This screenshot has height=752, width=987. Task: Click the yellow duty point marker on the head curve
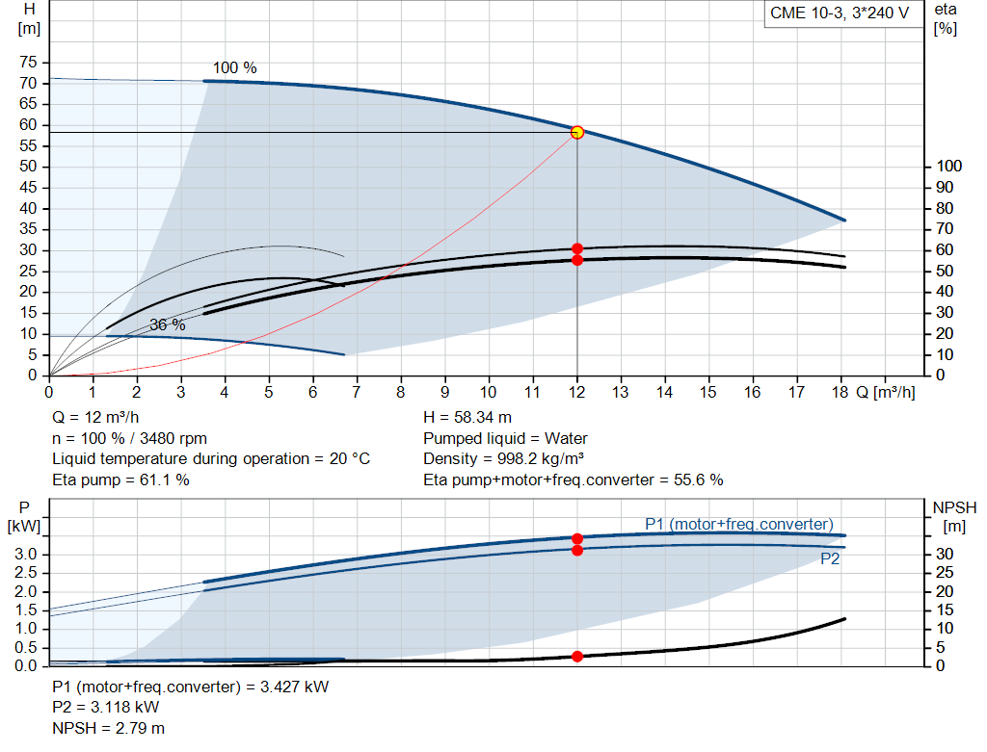(x=577, y=132)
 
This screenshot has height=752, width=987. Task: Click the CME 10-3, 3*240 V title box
(x=840, y=13)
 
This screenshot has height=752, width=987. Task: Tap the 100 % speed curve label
(x=234, y=68)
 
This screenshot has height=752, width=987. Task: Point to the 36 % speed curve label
(x=167, y=325)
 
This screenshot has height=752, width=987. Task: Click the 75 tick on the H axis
(x=28, y=63)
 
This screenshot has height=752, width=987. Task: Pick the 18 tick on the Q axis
(x=840, y=393)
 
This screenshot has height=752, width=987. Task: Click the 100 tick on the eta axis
(x=948, y=167)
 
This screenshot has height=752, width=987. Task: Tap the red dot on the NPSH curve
(x=577, y=656)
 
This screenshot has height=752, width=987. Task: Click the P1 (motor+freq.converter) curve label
(x=738, y=524)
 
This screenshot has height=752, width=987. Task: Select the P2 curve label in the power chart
(x=830, y=558)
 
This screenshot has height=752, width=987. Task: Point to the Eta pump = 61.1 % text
(x=120, y=480)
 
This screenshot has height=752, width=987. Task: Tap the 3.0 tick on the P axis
(x=28, y=554)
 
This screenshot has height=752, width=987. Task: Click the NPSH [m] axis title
(x=954, y=516)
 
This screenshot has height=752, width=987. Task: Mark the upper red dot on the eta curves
(x=577, y=248)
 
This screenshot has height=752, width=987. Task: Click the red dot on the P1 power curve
(x=577, y=538)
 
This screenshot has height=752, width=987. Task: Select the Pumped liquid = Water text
(x=505, y=438)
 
